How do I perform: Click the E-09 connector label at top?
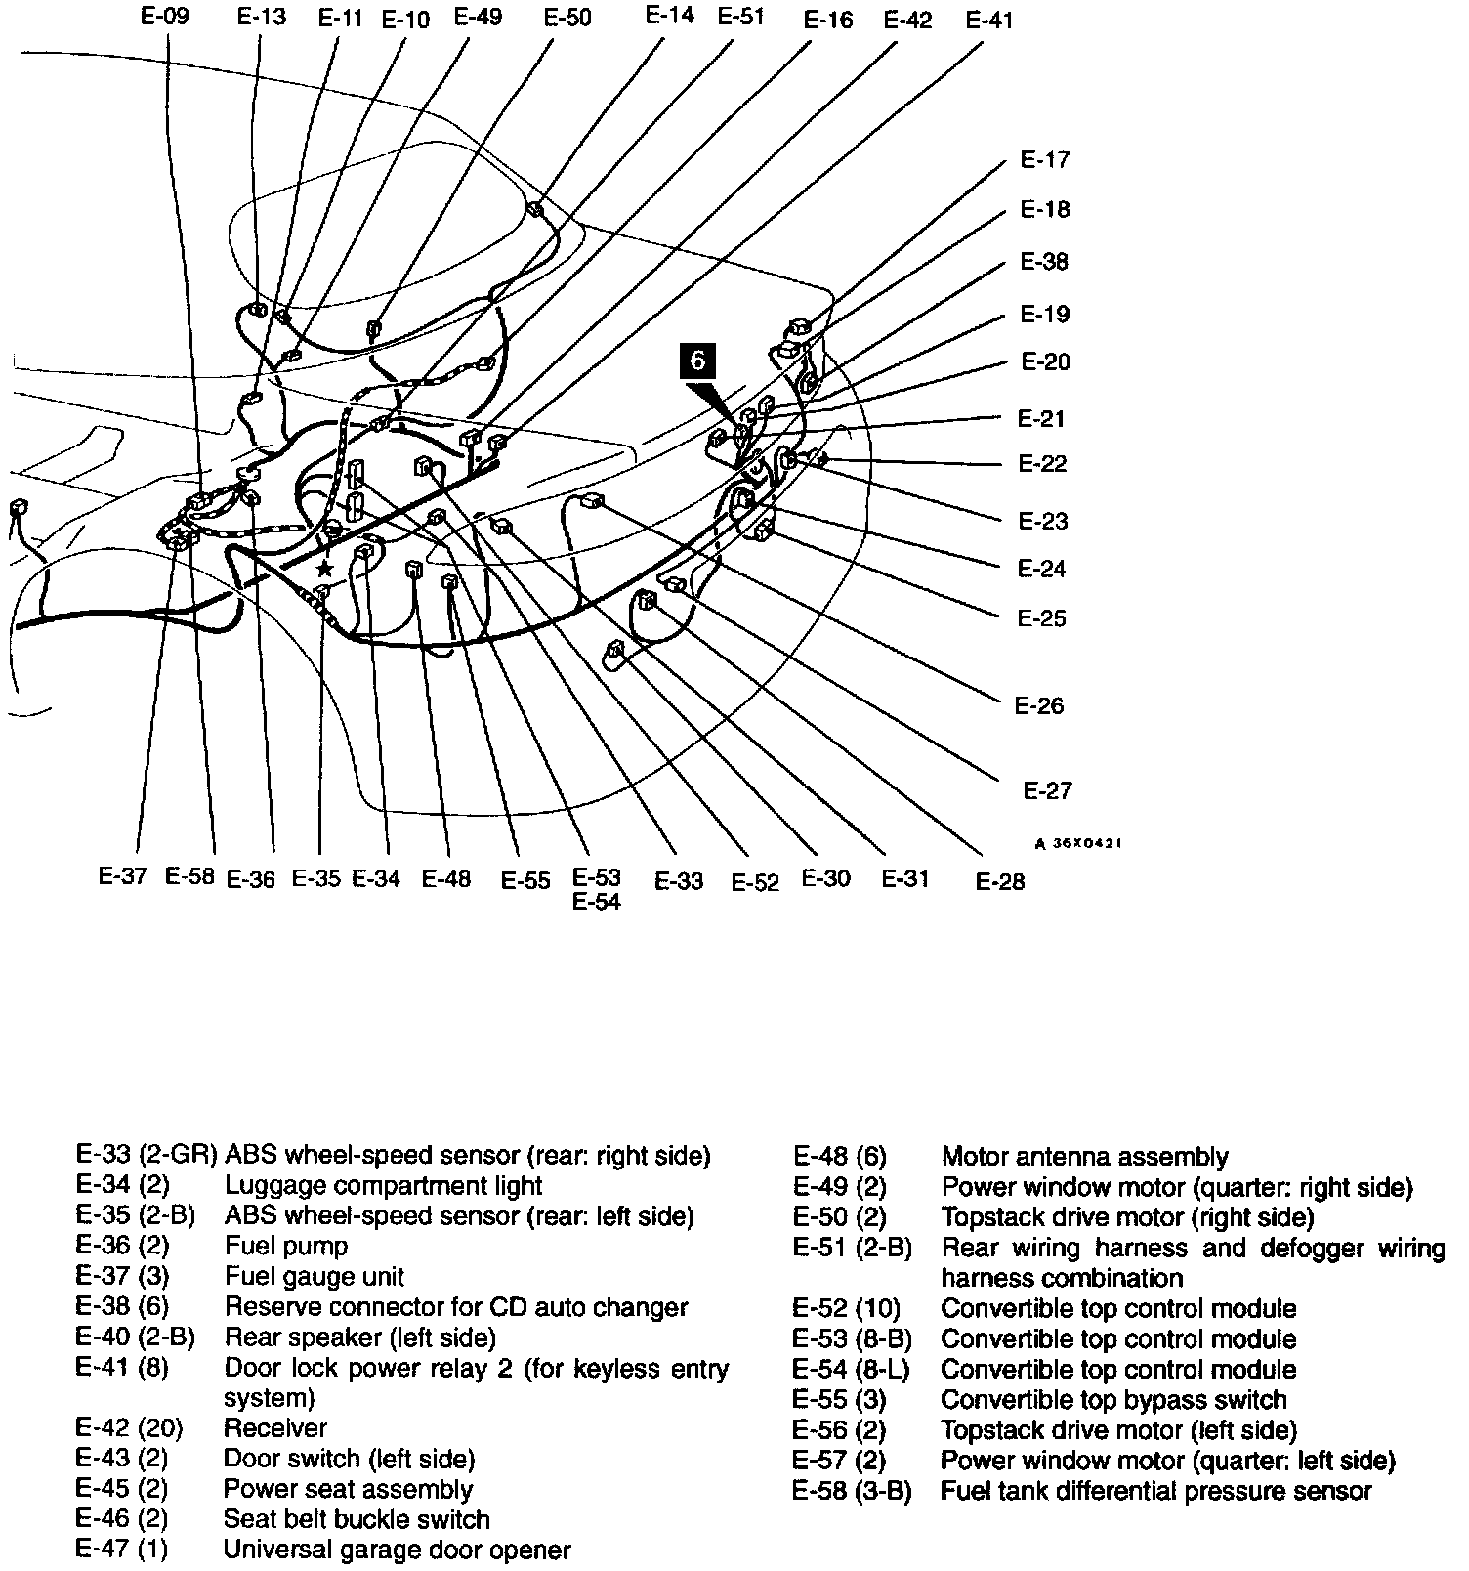164,16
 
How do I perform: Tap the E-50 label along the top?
567,18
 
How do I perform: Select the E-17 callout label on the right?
1044,160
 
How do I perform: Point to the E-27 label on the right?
1047,790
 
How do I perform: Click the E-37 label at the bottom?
123,876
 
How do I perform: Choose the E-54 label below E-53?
596,902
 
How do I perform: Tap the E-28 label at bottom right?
1000,881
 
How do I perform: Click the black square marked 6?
697,360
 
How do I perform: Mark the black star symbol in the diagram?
324,569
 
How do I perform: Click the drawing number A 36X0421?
1077,843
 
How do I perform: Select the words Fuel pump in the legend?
286,1246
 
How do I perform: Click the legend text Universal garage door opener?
398,1550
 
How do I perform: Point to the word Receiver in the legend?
275,1428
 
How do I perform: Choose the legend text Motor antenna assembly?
1084,1157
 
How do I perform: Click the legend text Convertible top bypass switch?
1113,1400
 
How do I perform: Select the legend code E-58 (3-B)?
852,1492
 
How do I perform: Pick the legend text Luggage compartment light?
383,1185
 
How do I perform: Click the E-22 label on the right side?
1042,463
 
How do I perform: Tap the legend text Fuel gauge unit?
315,1276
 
